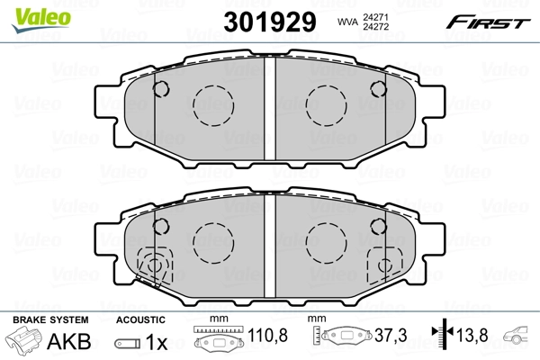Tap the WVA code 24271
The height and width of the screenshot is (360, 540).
(375, 15)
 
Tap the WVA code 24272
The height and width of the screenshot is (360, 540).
(375, 27)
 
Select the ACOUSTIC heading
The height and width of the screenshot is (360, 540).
(140, 319)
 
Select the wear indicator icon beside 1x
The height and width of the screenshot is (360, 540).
(128, 343)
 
